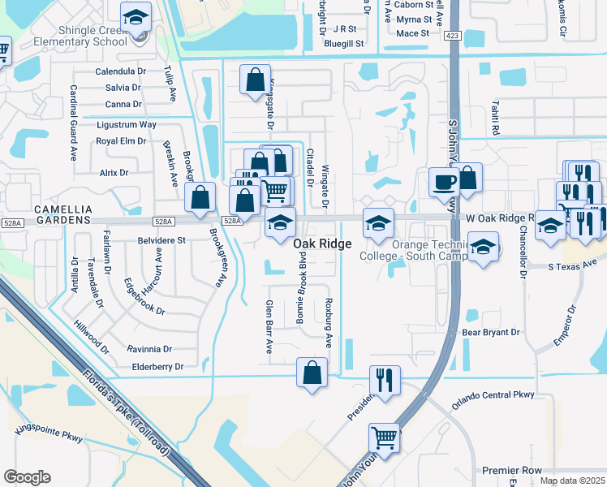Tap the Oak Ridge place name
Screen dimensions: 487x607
pyautogui.click(x=322, y=243)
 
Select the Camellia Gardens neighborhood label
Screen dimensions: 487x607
pyautogui.click(x=45, y=214)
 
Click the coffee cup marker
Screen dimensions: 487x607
pyautogui.click(x=444, y=182)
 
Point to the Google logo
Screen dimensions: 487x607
pyautogui.click(x=27, y=476)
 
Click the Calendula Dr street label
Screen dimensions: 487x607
pyautogui.click(x=119, y=71)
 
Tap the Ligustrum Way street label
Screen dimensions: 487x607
pyautogui.click(x=126, y=125)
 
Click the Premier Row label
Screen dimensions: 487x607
pyautogui.click(x=511, y=470)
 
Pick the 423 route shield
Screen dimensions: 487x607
pyautogui.click(x=453, y=35)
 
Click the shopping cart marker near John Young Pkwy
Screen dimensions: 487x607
pyautogui.click(x=384, y=437)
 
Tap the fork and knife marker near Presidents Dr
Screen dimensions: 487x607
pyautogui.click(x=384, y=378)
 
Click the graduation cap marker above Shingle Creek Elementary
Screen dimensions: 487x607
pyautogui.click(x=136, y=15)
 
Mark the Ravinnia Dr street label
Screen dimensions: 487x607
pyautogui.click(x=149, y=349)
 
